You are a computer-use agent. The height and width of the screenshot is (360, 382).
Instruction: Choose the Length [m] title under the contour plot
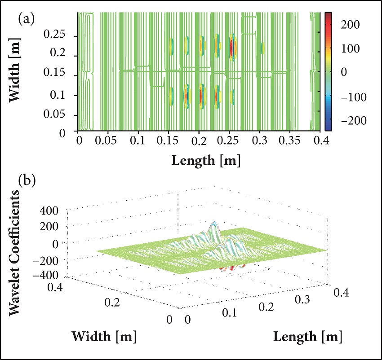pos(199,160)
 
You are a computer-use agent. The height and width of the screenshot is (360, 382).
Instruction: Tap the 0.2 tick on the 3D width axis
pos(112,303)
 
